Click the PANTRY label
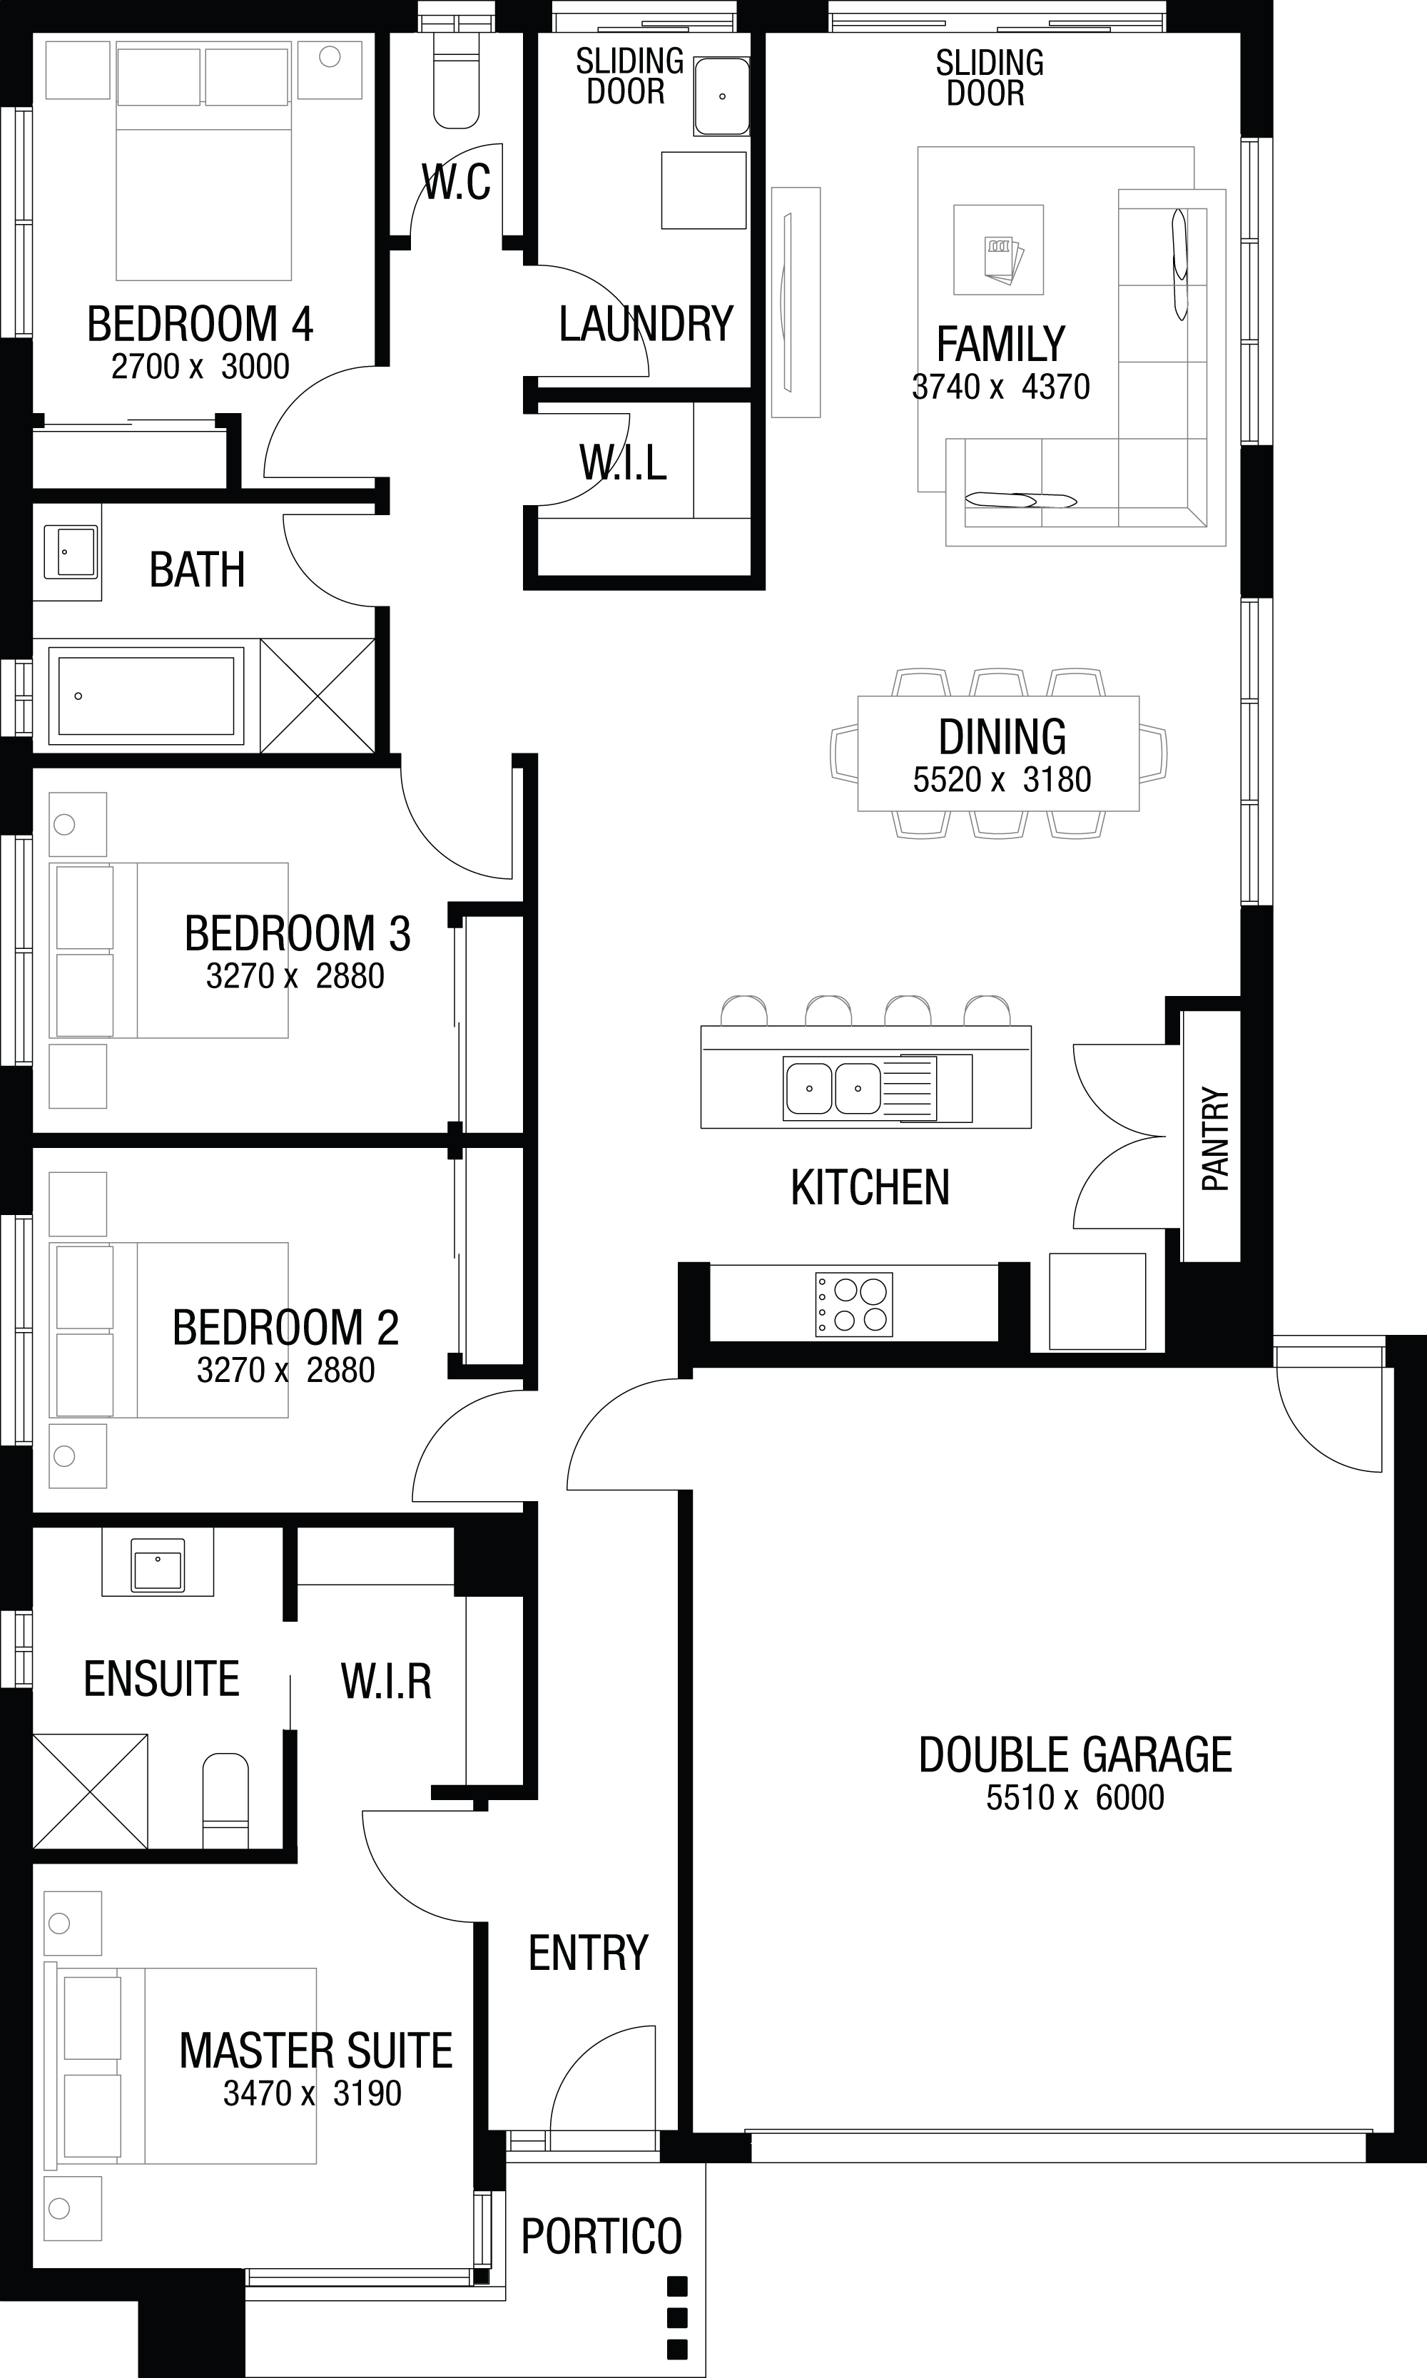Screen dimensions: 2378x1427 1214,1139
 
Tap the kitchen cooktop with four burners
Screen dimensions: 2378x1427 853,1305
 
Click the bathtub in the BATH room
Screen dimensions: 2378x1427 146,695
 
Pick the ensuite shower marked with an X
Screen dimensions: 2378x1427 91,1791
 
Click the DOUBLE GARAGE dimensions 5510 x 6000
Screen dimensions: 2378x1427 1074,1797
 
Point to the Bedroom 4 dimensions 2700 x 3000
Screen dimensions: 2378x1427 200,366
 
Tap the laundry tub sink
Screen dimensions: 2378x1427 721,96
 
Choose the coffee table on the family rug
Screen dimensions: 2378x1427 998,250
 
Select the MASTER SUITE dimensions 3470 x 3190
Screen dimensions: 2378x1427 312,2093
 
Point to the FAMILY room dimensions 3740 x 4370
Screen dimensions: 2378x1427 1000,387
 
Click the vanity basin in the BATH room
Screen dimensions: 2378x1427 70,552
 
